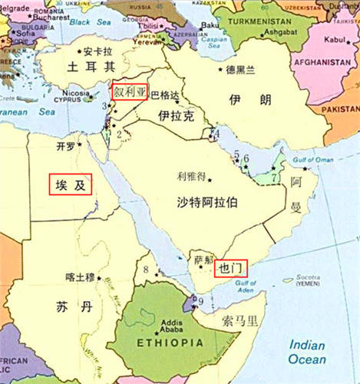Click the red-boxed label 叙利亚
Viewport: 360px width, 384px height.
click(130, 91)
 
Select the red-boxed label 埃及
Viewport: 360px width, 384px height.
click(71, 184)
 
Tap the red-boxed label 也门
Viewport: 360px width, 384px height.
click(230, 269)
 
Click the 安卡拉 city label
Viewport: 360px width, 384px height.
click(98, 52)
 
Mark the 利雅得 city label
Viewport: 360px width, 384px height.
click(191, 175)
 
